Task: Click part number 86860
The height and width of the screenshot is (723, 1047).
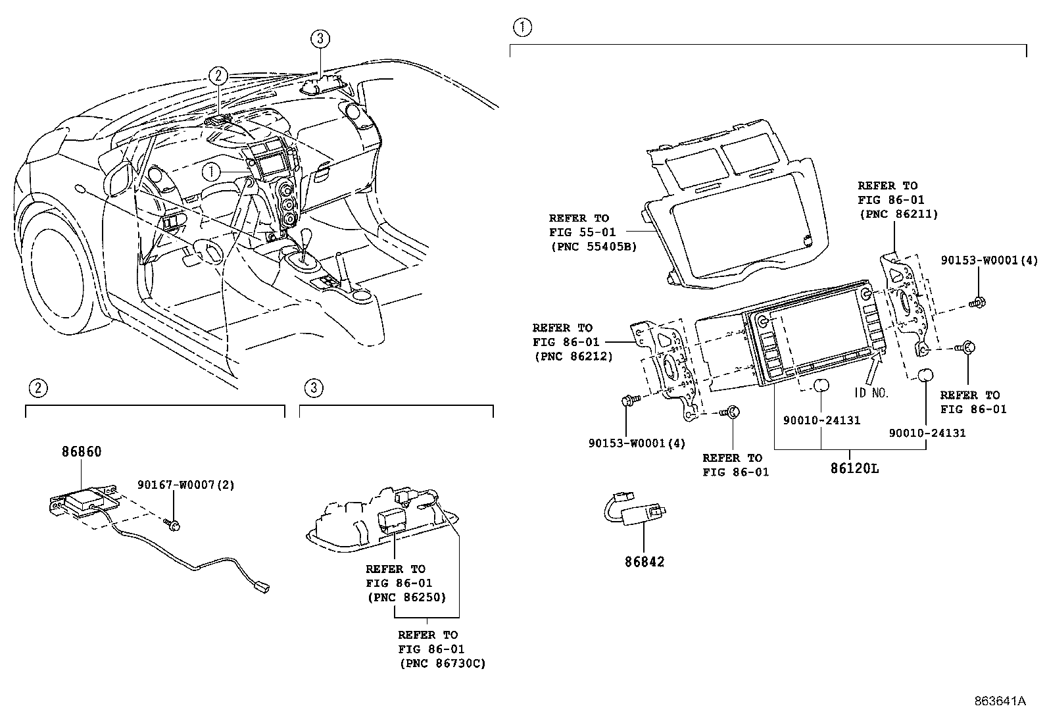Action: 82,452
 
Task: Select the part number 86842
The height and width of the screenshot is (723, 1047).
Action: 644,561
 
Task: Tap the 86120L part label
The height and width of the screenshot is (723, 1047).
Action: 854,468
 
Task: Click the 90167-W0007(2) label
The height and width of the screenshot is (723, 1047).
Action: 185,485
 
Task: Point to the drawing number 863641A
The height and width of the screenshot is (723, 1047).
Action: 1000,701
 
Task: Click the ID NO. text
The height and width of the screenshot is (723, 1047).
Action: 871,393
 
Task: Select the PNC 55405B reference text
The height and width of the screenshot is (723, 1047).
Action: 593,247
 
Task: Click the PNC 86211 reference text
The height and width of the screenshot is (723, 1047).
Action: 898,214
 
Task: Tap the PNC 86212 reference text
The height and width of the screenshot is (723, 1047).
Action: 573,356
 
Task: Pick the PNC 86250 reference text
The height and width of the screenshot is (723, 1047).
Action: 406,597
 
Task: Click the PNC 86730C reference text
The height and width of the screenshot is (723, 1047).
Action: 442,663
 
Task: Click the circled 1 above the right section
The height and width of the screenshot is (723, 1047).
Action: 522,27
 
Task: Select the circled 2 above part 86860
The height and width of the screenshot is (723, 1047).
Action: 38,388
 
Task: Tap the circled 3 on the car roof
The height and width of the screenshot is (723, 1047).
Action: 319,39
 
